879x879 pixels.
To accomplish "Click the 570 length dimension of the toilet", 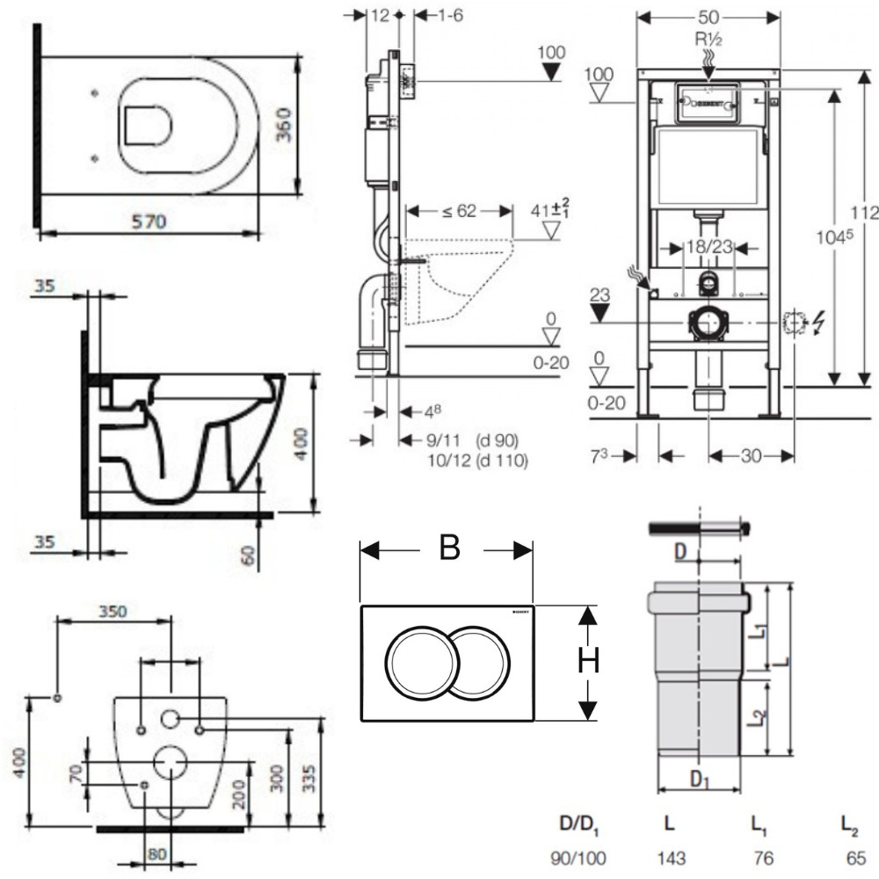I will click(149, 223).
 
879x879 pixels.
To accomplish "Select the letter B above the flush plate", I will click(448, 548).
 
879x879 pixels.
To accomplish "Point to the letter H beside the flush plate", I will click(588, 660).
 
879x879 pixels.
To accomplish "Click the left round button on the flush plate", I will click(417, 662).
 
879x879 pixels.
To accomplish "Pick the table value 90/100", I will click(578, 857).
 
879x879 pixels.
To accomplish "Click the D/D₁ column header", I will click(579, 825).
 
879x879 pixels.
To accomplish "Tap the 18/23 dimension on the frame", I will click(709, 249).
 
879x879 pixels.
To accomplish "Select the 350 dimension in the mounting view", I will click(113, 611).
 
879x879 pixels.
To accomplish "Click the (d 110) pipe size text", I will click(502, 460).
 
